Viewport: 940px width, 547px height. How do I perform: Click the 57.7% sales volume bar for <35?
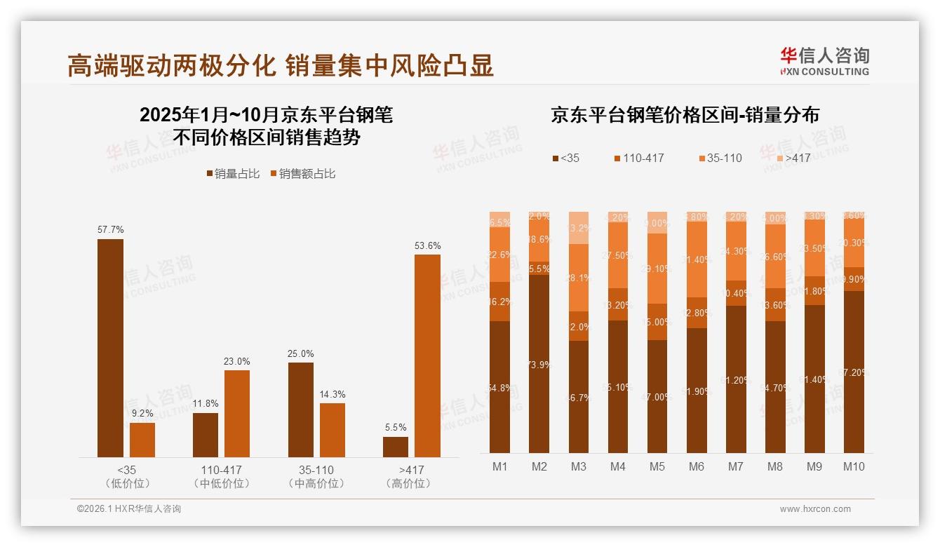pyautogui.click(x=110, y=348)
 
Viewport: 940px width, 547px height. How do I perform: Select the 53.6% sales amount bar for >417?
pyautogui.click(x=427, y=356)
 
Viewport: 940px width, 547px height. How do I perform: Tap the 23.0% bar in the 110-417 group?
pyautogui.click(x=237, y=414)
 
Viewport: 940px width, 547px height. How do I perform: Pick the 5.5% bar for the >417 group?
pyautogui.click(x=396, y=447)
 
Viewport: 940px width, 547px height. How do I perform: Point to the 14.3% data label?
pyautogui.click(x=332, y=395)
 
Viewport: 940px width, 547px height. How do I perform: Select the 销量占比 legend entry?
pyautogui.click(x=233, y=174)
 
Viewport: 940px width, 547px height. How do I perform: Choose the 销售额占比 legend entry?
pyautogui.click(x=302, y=174)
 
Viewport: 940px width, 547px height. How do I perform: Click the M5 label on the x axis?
pyautogui.click(x=657, y=466)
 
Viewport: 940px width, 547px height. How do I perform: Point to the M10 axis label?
pyautogui.click(x=854, y=466)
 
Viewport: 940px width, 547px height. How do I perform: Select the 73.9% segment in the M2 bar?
pyautogui.click(x=539, y=364)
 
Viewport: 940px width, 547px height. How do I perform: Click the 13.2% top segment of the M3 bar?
pyautogui.click(x=579, y=228)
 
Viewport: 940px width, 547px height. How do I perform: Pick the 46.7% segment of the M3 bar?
pyautogui.click(x=579, y=397)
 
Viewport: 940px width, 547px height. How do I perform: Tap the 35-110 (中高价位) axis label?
pyautogui.click(x=316, y=476)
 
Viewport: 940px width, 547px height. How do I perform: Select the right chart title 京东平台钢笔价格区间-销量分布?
pyautogui.click(x=685, y=115)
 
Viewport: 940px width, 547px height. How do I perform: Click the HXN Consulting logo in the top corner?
pyautogui.click(x=824, y=61)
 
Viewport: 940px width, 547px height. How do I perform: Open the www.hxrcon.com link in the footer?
pyautogui.click(x=815, y=509)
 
